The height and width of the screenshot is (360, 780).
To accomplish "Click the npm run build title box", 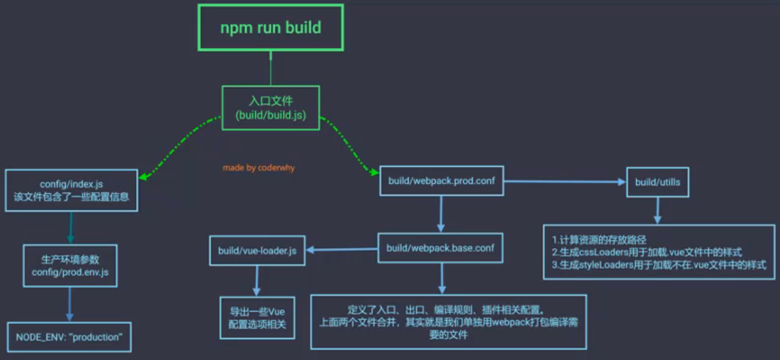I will (271, 27).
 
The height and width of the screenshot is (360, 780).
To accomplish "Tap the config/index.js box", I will (71, 190).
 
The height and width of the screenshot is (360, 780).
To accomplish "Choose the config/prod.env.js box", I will (70, 265).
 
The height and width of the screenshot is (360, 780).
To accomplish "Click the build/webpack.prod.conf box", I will (441, 181).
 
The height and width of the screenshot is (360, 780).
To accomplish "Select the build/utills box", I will (657, 182).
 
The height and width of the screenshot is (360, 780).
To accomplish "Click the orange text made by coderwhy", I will (259, 168).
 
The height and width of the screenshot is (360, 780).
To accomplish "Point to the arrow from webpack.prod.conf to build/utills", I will (563, 181).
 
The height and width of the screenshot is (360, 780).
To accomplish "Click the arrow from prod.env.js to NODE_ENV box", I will (70, 305).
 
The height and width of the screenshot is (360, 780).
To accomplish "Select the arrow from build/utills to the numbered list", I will (657, 211).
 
